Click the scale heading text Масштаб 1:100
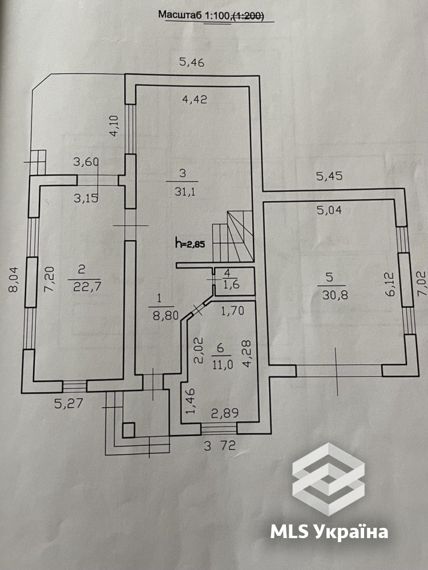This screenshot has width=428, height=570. [x=193, y=15]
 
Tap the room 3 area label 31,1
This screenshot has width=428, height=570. [x=185, y=191]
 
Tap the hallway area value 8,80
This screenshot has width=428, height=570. [x=165, y=315]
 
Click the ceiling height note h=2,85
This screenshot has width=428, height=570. [x=190, y=243]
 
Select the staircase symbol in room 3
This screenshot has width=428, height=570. [x=233, y=236]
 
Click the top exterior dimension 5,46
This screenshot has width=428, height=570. [x=192, y=62]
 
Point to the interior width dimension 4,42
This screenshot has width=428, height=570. [x=195, y=99]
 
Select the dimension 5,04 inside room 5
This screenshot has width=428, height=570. [x=329, y=210]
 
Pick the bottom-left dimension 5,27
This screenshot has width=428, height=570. [x=69, y=403]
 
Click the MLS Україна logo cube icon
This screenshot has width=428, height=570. [x=328, y=479]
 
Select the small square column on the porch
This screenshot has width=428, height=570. [x=128, y=430]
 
